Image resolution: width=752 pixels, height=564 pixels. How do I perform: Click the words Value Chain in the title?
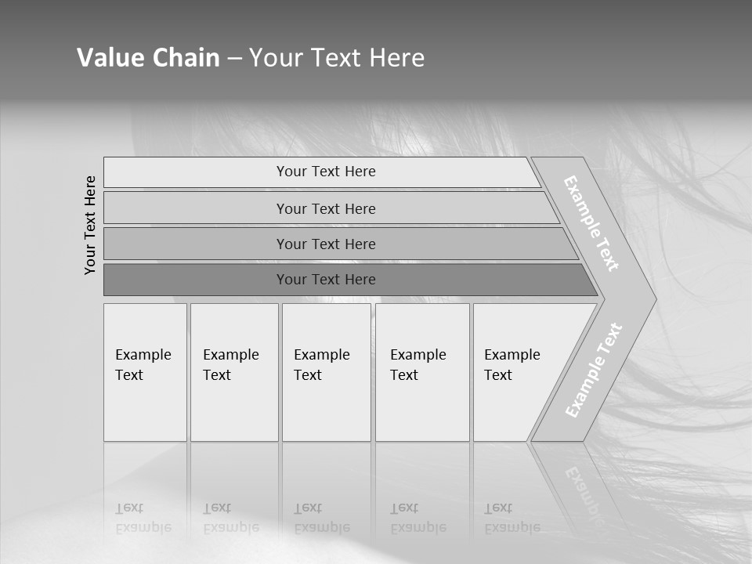tap(148, 58)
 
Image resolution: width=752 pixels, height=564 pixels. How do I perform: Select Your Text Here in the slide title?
tap(337, 58)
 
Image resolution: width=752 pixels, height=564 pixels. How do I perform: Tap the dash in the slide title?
tap(234, 59)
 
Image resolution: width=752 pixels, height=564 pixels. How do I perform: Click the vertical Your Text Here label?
tap(90, 225)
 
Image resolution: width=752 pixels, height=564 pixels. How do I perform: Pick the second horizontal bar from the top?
tap(325, 208)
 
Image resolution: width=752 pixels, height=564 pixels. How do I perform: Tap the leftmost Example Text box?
tap(145, 372)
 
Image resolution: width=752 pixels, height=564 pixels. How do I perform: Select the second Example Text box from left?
tap(234, 372)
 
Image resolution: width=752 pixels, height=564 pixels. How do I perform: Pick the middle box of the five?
tap(326, 372)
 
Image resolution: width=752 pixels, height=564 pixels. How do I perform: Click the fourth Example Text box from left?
tap(422, 372)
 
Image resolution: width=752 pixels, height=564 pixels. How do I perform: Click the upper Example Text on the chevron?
tap(591, 223)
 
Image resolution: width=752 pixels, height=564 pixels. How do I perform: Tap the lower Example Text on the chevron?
tap(594, 370)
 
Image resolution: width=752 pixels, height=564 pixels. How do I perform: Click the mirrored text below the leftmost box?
tap(143, 518)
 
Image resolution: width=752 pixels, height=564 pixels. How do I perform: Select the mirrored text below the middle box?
tap(322, 518)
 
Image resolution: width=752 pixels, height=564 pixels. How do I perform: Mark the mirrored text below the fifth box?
tap(512, 518)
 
